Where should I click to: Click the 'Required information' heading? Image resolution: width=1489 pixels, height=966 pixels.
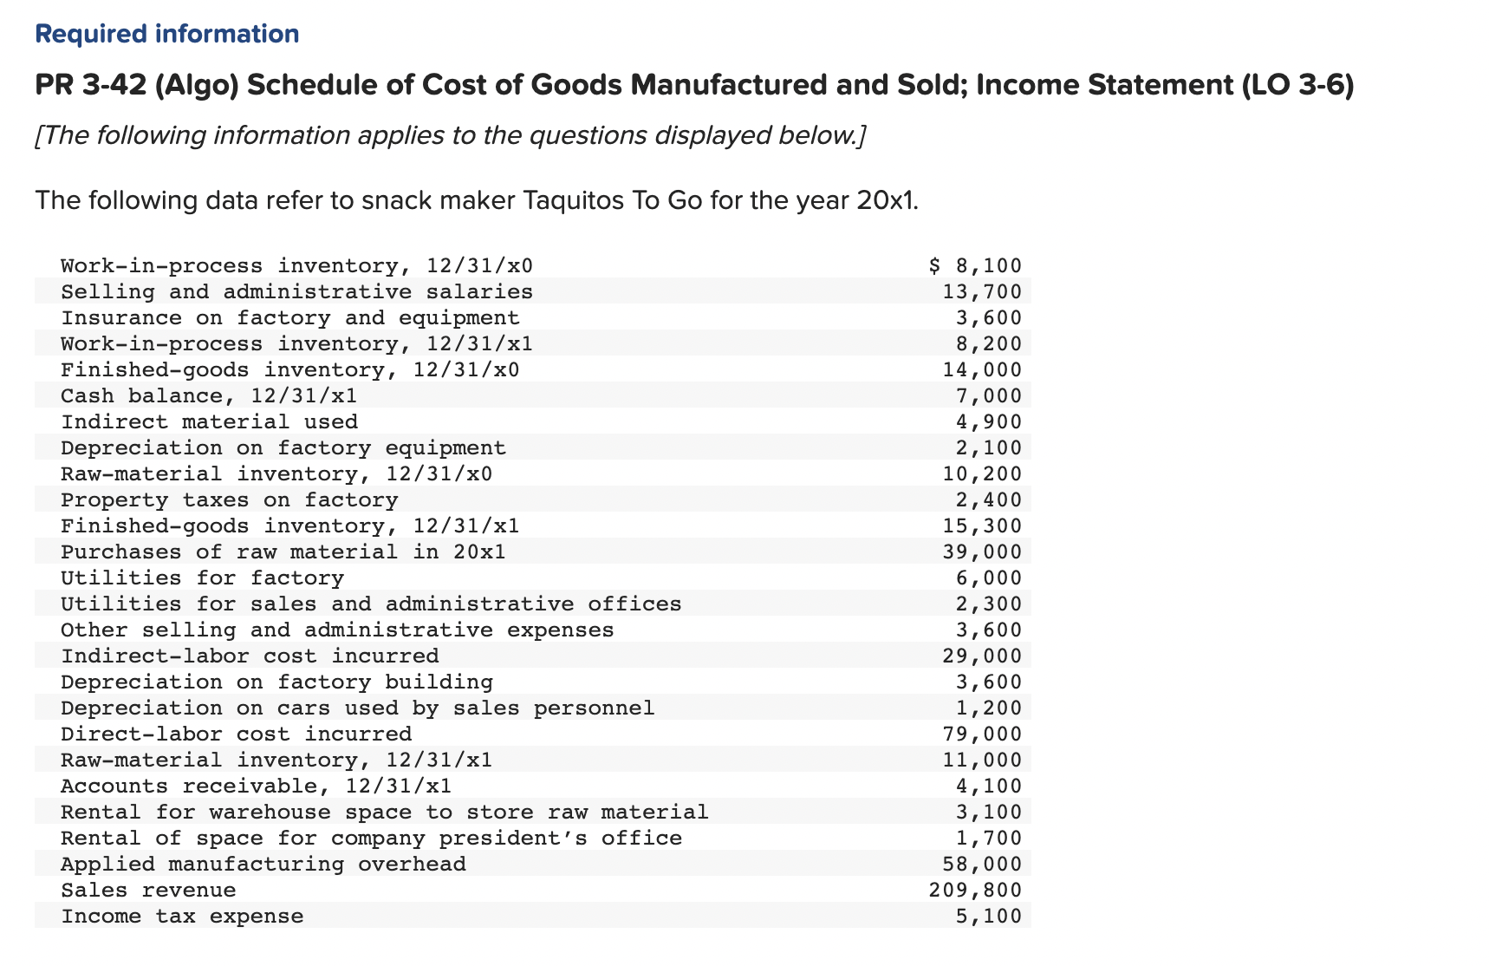pyautogui.click(x=166, y=34)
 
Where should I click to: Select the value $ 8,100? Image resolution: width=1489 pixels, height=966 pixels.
pyautogui.click(x=975, y=265)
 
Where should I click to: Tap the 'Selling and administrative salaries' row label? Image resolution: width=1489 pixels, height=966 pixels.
pyautogui.click(x=296, y=291)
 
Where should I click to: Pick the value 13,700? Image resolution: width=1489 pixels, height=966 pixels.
pyautogui.click(x=982, y=291)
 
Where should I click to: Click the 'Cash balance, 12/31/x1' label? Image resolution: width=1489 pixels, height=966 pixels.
pyautogui.click(x=208, y=395)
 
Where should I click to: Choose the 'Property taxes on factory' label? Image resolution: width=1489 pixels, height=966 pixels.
pyautogui.click(x=229, y=499)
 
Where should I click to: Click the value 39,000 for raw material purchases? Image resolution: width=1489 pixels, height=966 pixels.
pyautogui.click(x=982, y=552)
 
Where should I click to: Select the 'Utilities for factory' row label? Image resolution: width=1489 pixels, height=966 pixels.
pyautogui.click(x=202, y=578)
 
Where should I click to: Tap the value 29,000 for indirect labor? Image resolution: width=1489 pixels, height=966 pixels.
pyautogui.click(x=982, y=656)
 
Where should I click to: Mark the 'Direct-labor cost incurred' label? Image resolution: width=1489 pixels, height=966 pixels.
pyautogui.click(x=236, y=734)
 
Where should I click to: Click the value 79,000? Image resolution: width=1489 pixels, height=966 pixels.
pyautogui.click(x=982, y=734)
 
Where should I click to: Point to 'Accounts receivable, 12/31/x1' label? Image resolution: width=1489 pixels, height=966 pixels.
pyautogui.click(x=256, y=786)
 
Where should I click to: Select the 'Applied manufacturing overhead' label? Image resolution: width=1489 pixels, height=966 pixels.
pyautogui.click(x=263, y=864)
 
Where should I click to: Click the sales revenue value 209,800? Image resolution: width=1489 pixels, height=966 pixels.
pyautogui.click(x=975, y=890)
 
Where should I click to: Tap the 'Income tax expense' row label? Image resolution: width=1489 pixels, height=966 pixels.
pyautogui.click(x=182, y=916)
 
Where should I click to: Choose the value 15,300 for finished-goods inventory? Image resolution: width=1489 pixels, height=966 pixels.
pyautogui.click(x=982, y=525)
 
